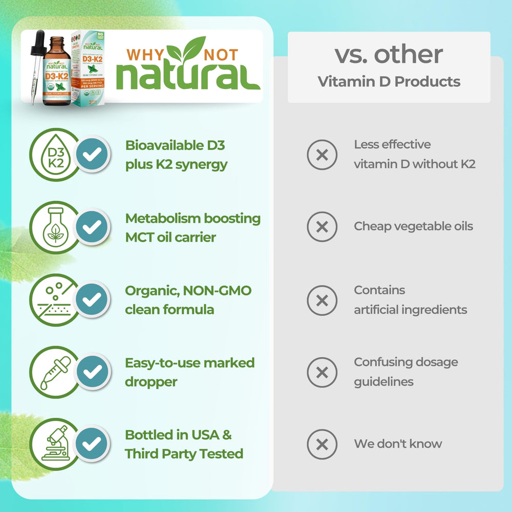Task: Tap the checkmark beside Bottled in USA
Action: pyautogui.click(x=93, y=443)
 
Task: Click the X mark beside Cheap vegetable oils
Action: pyautogui.click(x=322, y=227)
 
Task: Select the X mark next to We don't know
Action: pyautogui.click(x=322, y=444)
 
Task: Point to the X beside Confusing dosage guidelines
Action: pyautogui.click(x=322, y=372)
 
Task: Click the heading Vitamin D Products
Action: pyautogui.click(x=389, y=82)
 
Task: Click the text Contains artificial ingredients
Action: pyautogui.click(x=410, y=300)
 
